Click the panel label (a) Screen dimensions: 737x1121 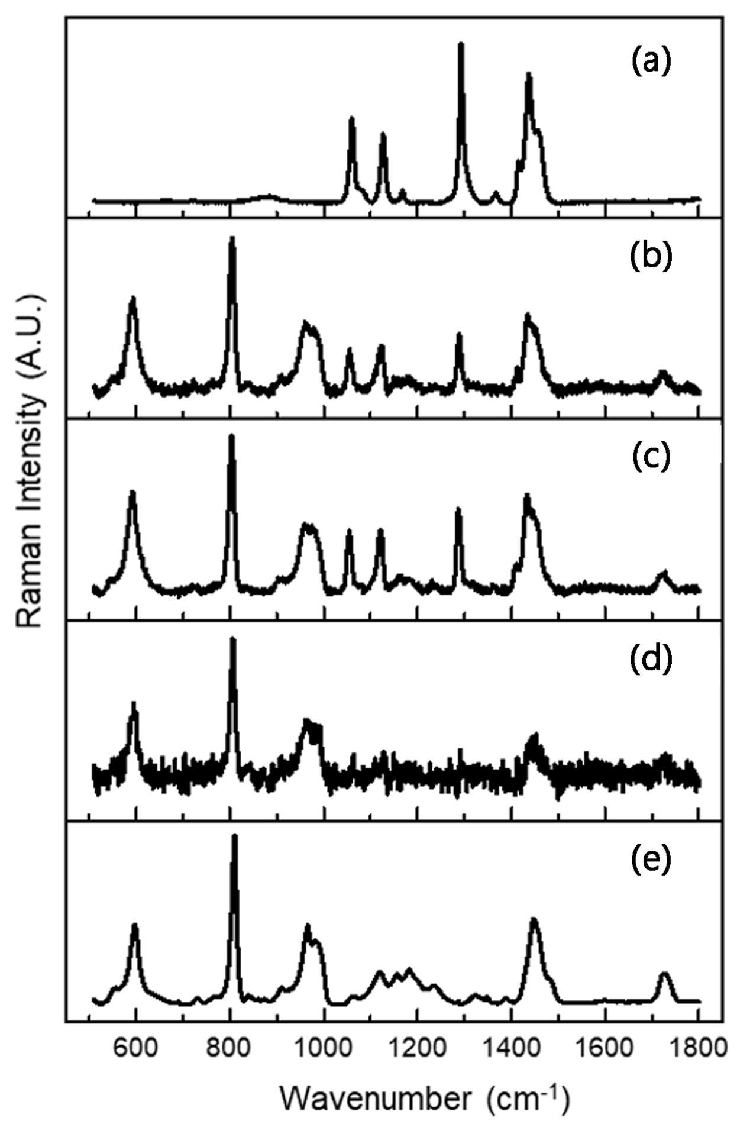coord(651,61)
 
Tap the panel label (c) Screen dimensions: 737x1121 coord(651,457)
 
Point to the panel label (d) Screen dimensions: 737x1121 coord(651,660)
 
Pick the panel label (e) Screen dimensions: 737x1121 coord(651,860)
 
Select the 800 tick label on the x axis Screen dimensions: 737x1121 coord(229,1048)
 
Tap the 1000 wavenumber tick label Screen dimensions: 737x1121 coord(324,1048)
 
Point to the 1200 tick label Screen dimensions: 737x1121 coord(417,1048)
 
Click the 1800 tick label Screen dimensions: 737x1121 coord(699,1048)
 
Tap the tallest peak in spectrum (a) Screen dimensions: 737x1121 coord(461,44)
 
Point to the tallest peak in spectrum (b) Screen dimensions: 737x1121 coord(232,238)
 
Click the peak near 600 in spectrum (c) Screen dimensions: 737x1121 coord(132,492)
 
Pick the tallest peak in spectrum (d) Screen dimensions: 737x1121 coord(232,639)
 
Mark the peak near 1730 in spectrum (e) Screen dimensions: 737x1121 coord(665,973)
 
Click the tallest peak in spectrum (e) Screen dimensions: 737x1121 coord(235,837)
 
